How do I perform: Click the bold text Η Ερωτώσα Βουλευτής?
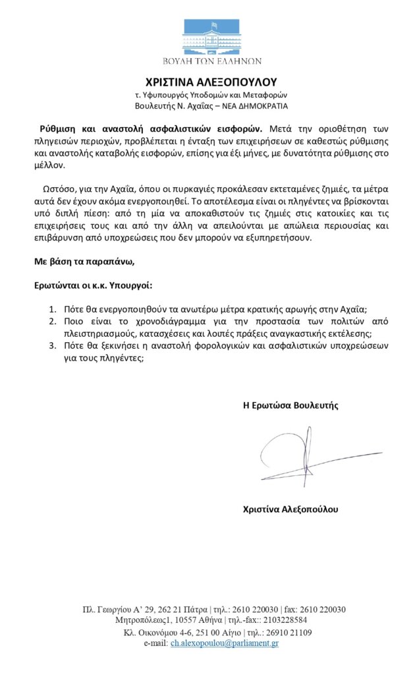click(290, 405)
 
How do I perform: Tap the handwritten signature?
click(306, 455)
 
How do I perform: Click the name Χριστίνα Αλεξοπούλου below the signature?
click(291, 509)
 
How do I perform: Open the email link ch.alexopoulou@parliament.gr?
click(224, 643)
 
